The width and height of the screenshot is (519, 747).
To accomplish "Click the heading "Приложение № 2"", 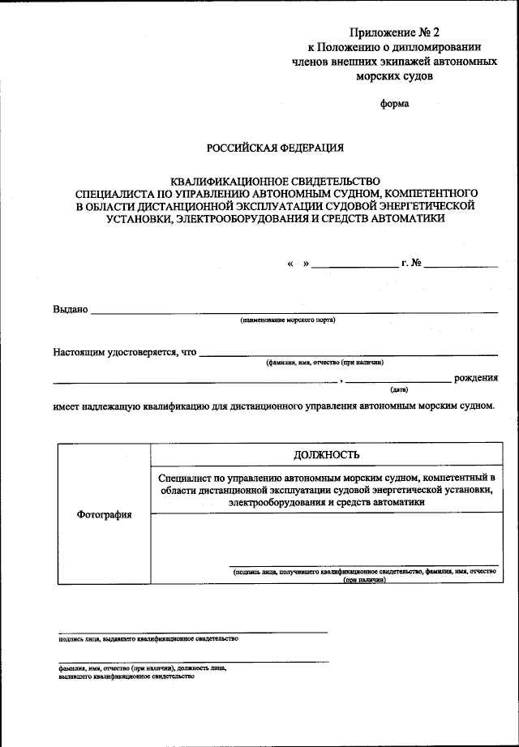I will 394,33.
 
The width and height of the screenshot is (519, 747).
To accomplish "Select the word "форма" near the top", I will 395,103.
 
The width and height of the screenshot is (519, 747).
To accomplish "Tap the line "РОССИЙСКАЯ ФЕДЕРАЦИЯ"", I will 275,148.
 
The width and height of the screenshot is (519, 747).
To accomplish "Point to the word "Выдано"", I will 71,309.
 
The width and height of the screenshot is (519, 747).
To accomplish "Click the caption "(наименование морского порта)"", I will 287,320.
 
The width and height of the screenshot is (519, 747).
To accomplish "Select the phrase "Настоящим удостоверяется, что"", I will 125,353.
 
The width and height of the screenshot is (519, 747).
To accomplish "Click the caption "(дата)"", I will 398,389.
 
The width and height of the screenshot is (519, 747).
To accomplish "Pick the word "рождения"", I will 476,378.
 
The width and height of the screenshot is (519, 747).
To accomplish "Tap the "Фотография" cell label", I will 104,515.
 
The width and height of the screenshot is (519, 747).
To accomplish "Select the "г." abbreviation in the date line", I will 404,264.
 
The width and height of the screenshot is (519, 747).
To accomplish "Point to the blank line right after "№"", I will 460,266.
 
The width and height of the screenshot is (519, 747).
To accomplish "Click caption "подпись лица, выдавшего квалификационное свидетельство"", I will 148,639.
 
